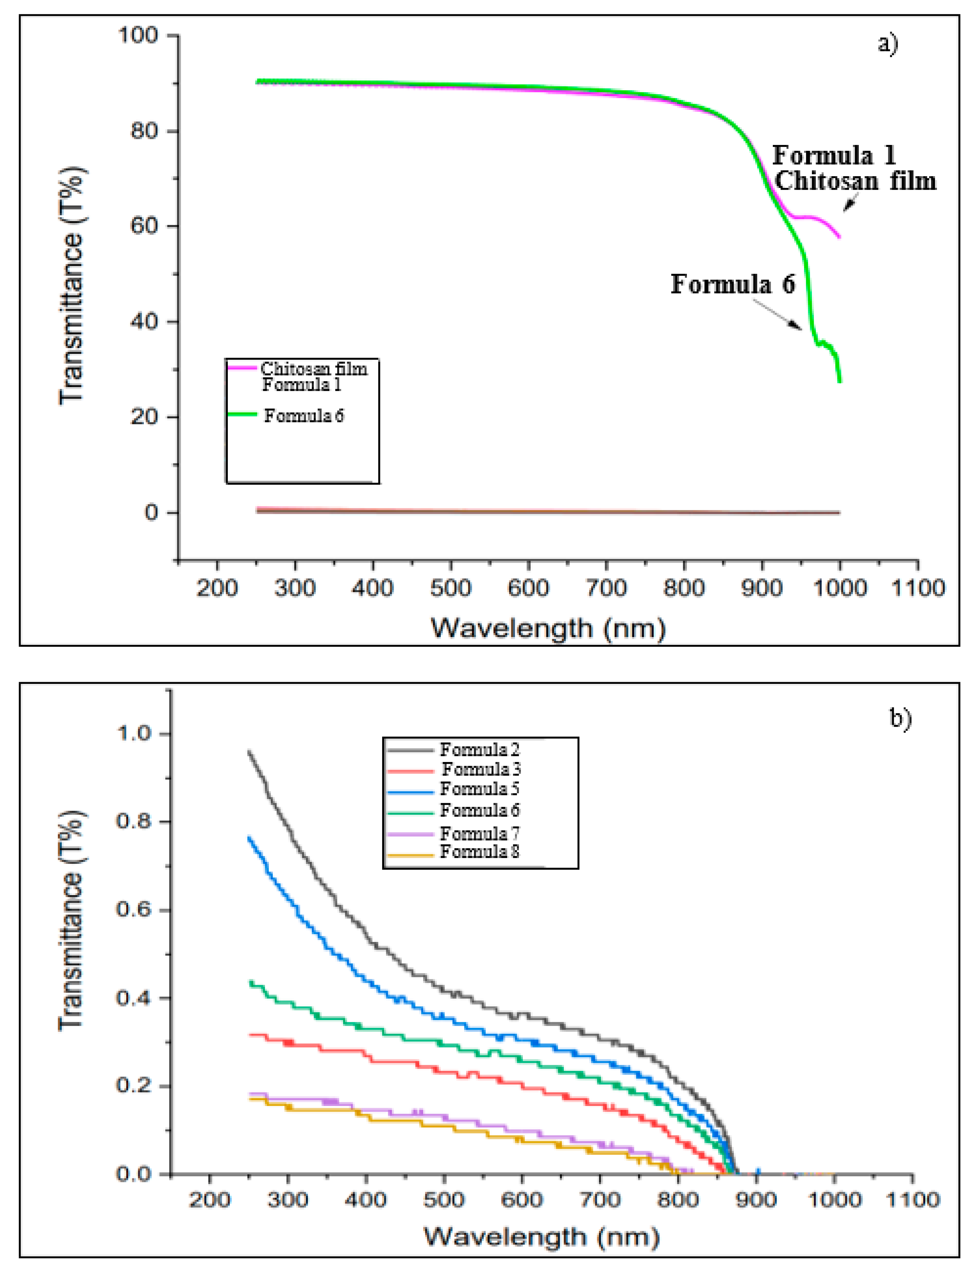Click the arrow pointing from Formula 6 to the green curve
point(777,315)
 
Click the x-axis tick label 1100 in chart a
point(917,588)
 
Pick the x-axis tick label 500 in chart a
point(450,588)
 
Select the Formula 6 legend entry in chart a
point(303,416)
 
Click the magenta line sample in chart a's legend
point(242,367)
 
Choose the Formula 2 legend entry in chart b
point(479,750)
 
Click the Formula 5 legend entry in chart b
point(479,789)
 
